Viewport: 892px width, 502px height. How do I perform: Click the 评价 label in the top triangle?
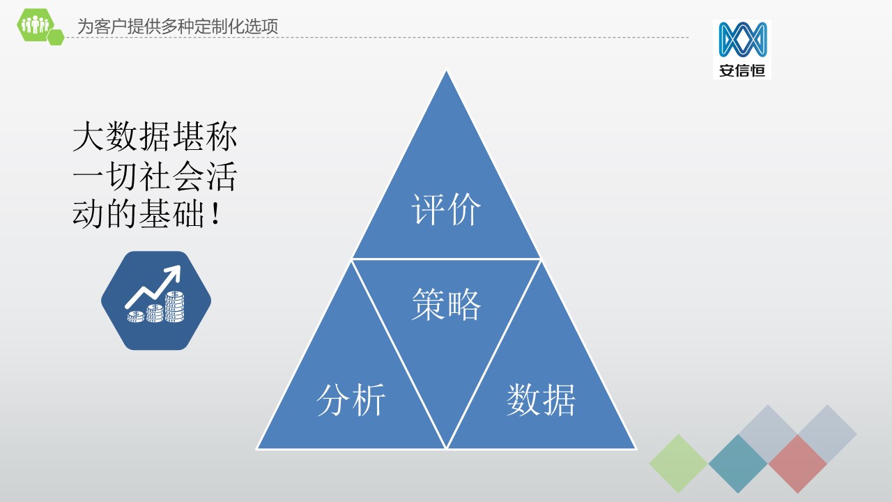[446, 210]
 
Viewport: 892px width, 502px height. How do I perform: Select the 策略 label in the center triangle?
[446, 305]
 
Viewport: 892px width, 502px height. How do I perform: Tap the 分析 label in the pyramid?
[351, 400]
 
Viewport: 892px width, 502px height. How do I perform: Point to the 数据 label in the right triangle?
[541, 400]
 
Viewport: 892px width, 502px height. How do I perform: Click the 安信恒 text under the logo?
[742, 70]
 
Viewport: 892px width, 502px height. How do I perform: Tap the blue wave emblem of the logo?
[743, 39]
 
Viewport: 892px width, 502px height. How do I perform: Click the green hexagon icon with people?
[35, 24]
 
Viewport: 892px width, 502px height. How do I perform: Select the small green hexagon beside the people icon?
[56, 37]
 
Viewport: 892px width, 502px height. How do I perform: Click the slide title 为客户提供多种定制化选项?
[177, 26]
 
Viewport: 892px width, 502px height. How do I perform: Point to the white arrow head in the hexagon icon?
[174, 273]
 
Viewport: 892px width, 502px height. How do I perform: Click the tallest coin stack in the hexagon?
[174, 306]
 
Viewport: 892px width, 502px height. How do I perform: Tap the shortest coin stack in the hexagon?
[136, 317]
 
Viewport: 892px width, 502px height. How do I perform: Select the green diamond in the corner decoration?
[678, 464]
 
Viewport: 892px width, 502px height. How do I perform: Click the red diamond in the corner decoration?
[797, 464]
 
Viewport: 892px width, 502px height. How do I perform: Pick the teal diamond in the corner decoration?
[738, 464]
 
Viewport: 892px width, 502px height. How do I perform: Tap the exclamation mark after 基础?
[215, 214]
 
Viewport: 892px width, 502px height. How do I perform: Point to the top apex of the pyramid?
[446, 71]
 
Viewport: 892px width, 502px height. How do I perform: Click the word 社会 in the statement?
[171, 176]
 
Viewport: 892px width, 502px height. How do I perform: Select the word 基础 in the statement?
[171, 214]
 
